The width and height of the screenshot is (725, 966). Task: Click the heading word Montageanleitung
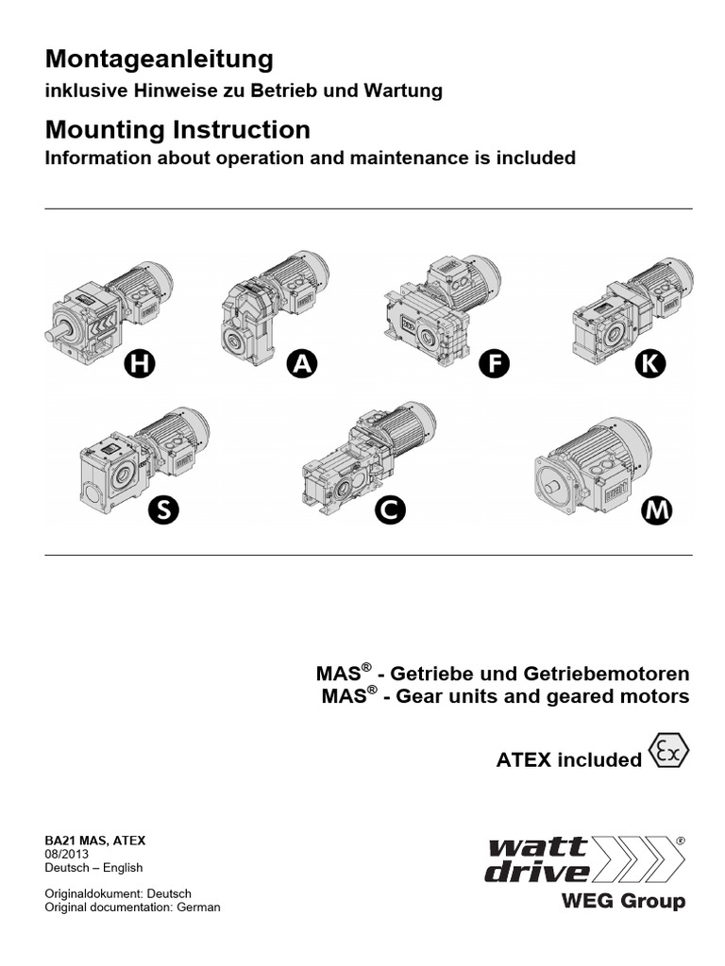click(160, 59)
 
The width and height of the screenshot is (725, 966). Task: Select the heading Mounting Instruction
click(177, 129)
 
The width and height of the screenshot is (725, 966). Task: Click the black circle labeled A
click(301, 364)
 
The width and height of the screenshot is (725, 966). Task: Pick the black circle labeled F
click(494, 364)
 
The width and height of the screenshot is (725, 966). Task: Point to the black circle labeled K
click(649, 364)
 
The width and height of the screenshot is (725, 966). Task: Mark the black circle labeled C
click(389, 511)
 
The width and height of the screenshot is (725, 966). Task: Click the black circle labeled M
click(656, 511)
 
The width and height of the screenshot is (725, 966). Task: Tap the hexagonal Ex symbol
click(669, 753)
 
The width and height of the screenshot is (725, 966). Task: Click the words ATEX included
click(568, 760)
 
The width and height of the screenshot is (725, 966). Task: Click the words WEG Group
click(623, 901)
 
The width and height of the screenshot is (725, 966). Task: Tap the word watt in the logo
click(530, 846)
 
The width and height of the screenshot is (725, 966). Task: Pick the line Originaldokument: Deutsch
click(118, 893)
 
